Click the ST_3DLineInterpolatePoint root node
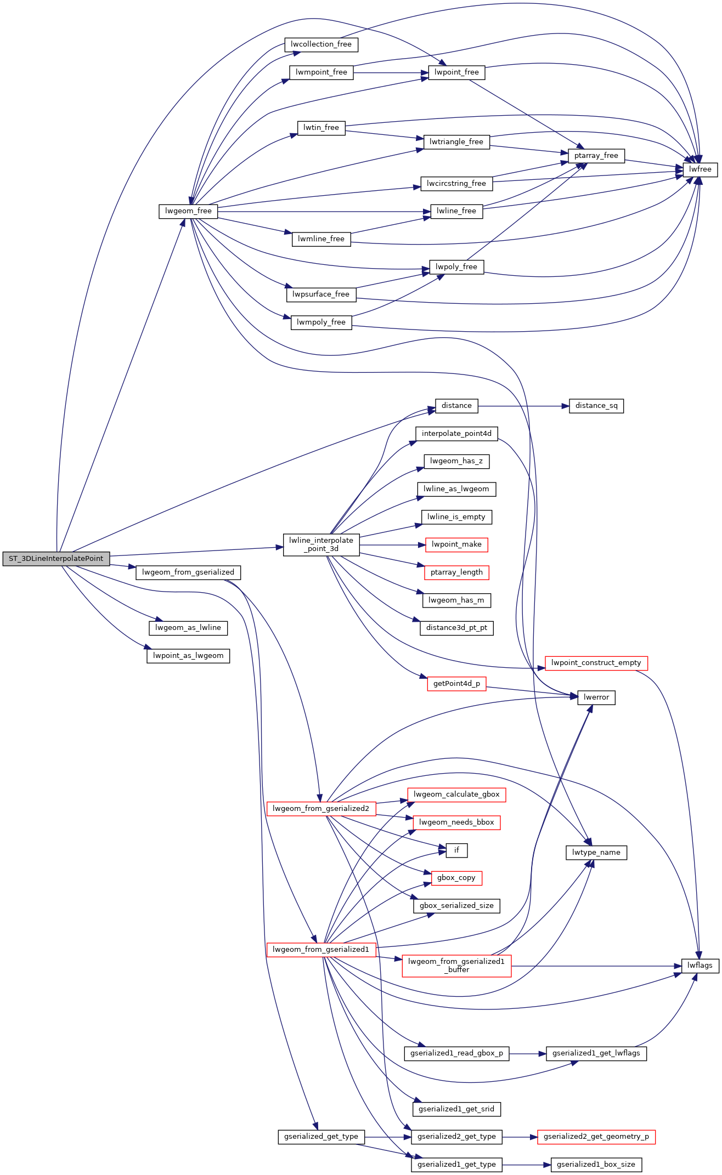pyautogui.click(x=56, y=559)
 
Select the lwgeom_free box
pyautogui.click(x=188, y=211)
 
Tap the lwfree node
pyautogui.click(x=700, y=169)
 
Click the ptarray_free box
pyautogui.click(x=596, y=156)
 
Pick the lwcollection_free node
pyautogui.click(x=321, y=44)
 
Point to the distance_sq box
pyautogui.click(x=596, y=406)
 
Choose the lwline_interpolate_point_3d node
pyautogui.click(x=321, y=544)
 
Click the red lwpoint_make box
pyautogui.click(x=456, y=544)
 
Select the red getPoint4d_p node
pyautogui.click(x=456, y=684)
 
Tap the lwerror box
pyautogui.click(x=596, y=697)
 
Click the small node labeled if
pyautogui.click(x=456, y=850)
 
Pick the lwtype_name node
pyautogui.click(x=596, y=853)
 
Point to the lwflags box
pyautogui.click(x=700, y=966)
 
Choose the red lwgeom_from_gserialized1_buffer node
pyautogui.click(x=456, y=966)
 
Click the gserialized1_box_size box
pyautogui.click(x=596, y=1165)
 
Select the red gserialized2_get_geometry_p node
pyautogui.click(x=596, y=1137)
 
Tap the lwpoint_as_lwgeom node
pyautogui.click(x=188, y=656)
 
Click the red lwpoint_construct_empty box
pyautogui.click(x=596, y=663)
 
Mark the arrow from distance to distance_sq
pyautogui.click(x=521, y=406)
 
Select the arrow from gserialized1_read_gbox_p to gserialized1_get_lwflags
pyautogui.click(x=527, y=1054)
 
